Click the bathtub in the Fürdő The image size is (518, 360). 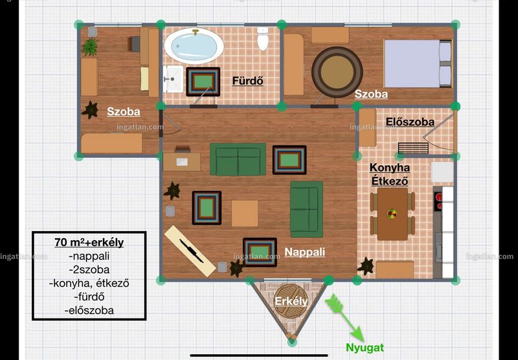pyautogui.click(x=194, y=46)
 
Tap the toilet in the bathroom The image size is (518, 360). pyautogui.click(x=263, y=39)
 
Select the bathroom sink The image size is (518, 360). pyautogui.click(x=173, y=79)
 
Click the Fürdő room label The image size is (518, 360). pyautogui.click(x=247, y=81)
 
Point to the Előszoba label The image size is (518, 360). pyautogui.click(x=410, y=122)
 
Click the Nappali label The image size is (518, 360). pyautogui.click(x=304, y=252)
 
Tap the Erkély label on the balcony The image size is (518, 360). pyautogui.click(x=291, y=301)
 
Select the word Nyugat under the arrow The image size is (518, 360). pyautogui.click(x=365, y=348)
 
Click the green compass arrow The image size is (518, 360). pyautogui.click(x=344, y=318)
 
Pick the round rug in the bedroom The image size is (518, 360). pyautogui.click(x=337, y=72)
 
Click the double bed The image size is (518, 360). pyautogui.click(x=418, y=63)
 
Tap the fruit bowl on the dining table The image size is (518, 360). pyautogui.click(x=392, y=214)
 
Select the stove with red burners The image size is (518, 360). pyautogui.click(x=438, y=201)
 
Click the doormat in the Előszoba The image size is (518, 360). pyautogui.click(x=413, y=148)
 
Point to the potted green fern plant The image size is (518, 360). pyautogui.click(x=90, y=47)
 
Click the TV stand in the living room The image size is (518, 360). pyautogui.click(x=190, y=251)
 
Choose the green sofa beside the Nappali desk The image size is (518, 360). pyautogui.click(x=238, y=159)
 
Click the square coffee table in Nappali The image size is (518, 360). pyautogui.click(x=245, y=214)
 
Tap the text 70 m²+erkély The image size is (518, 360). pyautogui.click(x=89, y=242)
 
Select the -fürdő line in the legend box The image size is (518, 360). pyautogui.click(x=89, y=297)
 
